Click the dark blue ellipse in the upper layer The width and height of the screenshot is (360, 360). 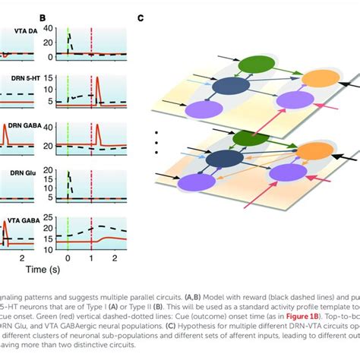click(226, 87)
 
